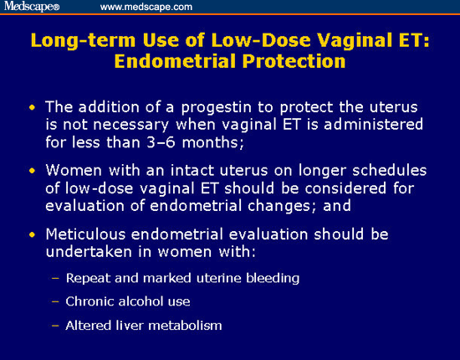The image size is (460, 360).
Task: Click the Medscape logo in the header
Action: click(x=32, y=7)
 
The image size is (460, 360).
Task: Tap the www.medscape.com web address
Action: click(x=146, y=7)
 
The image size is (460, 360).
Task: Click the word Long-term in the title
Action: click(x=84, y=40)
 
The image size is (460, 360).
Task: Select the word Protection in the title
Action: click(x=294, y=61)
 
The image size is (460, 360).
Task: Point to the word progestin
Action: click(x=217, y=108)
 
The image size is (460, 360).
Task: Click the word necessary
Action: click(x=130, y=126)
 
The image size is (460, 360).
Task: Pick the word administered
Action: click(x=374, y=124)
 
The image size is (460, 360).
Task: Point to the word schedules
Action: click(x=389, y=170)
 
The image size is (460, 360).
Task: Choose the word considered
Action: click(x=345, y=188)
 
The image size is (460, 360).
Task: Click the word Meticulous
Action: click(x=85, y=234)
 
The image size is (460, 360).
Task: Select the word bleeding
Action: click(x=273, y=279)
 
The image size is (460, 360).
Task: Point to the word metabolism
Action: click(x=185, y=326)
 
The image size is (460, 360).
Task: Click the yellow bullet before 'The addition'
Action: click(x=32, y=107)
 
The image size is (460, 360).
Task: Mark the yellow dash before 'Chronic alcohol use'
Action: click(x=55, y=302)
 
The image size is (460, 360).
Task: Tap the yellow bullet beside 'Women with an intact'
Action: click(x=32, y=171)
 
